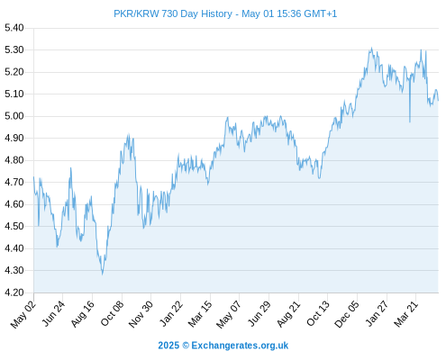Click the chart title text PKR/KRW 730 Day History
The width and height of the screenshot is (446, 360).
pyautogui.click(x=173, y=13)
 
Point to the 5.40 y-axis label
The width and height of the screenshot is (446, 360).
pyautogui.click(x=14, y=28)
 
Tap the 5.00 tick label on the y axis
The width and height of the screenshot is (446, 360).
pyautogui.click(x=14, y=116)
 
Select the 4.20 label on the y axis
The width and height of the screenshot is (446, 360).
pyautogui.click(x=14, y=292)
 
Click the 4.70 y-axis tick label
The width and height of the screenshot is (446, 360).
pyautogui.click(x=14, y=182)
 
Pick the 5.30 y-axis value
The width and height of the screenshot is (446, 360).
pyautogui.click(x=14, y=49)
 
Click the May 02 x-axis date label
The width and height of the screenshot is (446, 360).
pyautogui.click(x=23, y=314)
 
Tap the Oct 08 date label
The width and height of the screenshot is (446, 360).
pyautogui.click(x=112, y=313)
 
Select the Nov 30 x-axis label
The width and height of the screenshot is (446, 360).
pyautogui.click(x=141, y=314)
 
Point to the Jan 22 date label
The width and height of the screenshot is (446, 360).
pyautogui.click(x=170, y=313)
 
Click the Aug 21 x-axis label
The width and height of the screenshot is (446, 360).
pyautogui.click(x=288, y=314)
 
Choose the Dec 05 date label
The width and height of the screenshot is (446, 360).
pyautogui.click(x=347, y=314)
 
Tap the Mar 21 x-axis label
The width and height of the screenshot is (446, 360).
pyautogui.click(x=405, y=314)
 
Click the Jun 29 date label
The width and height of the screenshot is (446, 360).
pyautogui.click(x=259, y=314)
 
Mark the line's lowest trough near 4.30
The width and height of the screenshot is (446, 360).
pyautogui.click(x=103, y=274)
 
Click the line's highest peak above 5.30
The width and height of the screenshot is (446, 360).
pyautogui.click(x=372, y=48)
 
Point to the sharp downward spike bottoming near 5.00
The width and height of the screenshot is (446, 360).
pyautogui.click(x=410, y=121)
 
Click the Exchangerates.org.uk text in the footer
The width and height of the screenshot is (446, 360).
pyautogui.click(x=240, y=346)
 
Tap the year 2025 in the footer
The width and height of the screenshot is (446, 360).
pyautogui.click(x=168, y=346)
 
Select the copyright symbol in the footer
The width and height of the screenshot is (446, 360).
pyautogui.click(x=186, y=346)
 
